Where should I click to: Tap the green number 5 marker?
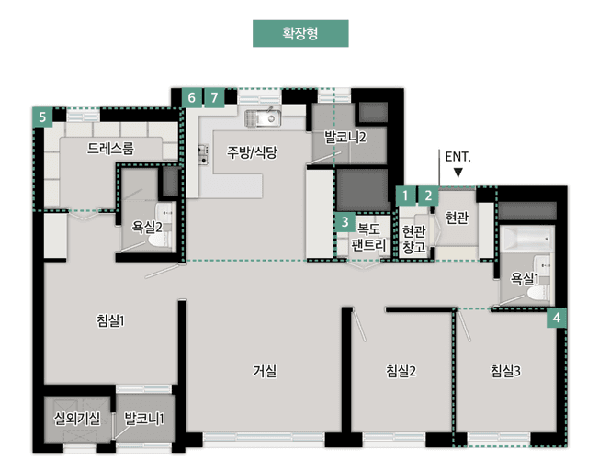click(x=41, y=117)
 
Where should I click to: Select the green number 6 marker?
click(x=191, y=97)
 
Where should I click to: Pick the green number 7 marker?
click(x=214, y=97)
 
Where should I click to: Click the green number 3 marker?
click(x=344, y=221)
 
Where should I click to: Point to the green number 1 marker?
click(x=405, y=195)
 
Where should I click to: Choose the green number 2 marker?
click(x=427, y=195)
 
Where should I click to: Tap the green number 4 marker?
click(x=557, y=318)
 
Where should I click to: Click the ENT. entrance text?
click(x=458, y=156)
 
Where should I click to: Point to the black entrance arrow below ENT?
click(x=458, y=172)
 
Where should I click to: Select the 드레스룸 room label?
click(x=110, y=148)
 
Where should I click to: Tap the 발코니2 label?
click(x=345, y=138)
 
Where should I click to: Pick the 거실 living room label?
click(x=265, y=371)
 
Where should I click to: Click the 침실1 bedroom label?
click(x=109, y=320)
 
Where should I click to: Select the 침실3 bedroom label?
click(x=505, y=371)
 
